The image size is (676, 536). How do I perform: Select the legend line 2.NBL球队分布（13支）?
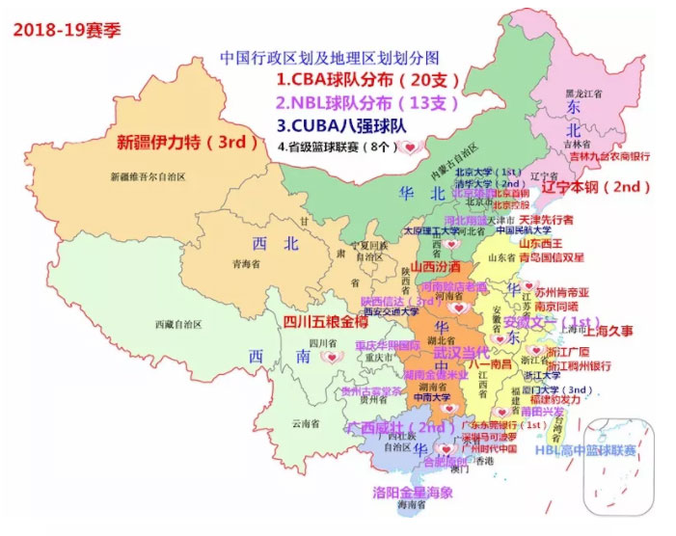pyautogui.click(x=366, y=102)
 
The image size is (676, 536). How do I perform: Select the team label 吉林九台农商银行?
pyautogui.click(x=608, y=155)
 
